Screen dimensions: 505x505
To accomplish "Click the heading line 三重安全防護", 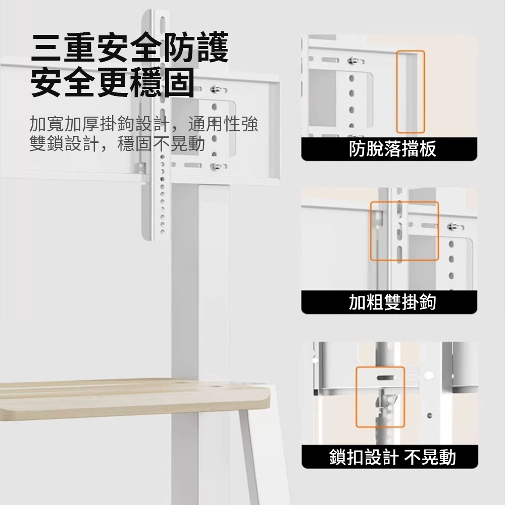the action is pos(129,47).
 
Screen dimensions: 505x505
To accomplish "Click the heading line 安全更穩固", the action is pos(113,82).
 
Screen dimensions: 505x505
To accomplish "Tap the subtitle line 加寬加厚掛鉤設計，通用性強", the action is pos(143,124).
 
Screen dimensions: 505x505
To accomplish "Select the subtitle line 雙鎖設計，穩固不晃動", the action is pos(117,143).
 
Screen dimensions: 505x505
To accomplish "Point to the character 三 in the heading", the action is pos(46,47).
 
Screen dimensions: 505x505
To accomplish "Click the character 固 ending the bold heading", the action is pos(179,82).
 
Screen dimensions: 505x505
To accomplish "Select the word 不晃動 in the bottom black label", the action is pos(430,457).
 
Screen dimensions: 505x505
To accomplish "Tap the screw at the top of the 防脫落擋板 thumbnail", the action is pos(352,60).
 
